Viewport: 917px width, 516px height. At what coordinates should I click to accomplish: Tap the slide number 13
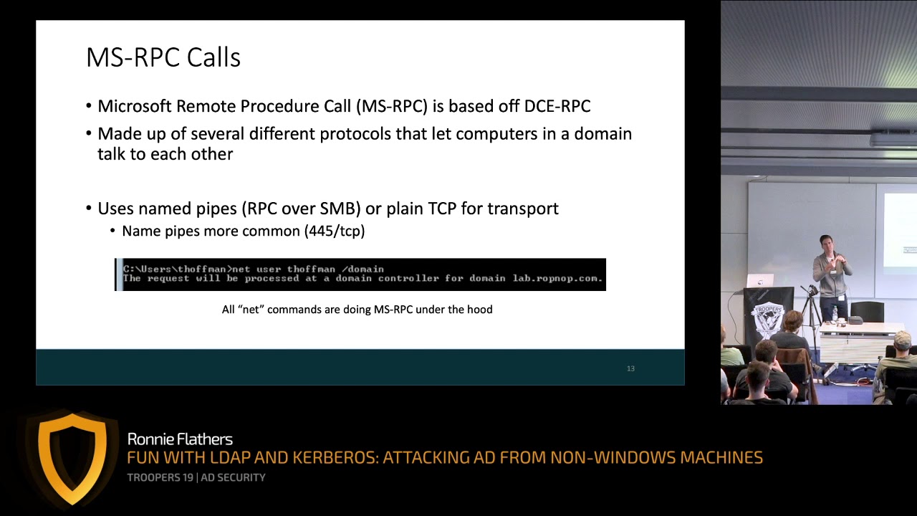tap(630, 368)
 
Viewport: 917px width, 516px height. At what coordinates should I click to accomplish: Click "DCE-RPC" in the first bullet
tap(557, 106)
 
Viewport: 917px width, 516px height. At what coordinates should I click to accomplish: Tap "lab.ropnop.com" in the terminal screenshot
tap(557, 278)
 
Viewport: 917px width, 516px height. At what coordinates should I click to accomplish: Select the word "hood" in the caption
tap(479, 310)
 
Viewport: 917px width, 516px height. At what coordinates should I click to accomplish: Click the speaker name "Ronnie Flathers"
tap(180, 439)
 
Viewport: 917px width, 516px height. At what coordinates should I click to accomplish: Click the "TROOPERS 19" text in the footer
tap(160, 477)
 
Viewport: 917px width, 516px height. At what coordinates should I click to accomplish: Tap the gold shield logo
tap(72, 457)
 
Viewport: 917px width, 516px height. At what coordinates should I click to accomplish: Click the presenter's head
tap(826, 242)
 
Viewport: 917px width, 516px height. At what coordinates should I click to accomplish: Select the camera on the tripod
tap(812, 291)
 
